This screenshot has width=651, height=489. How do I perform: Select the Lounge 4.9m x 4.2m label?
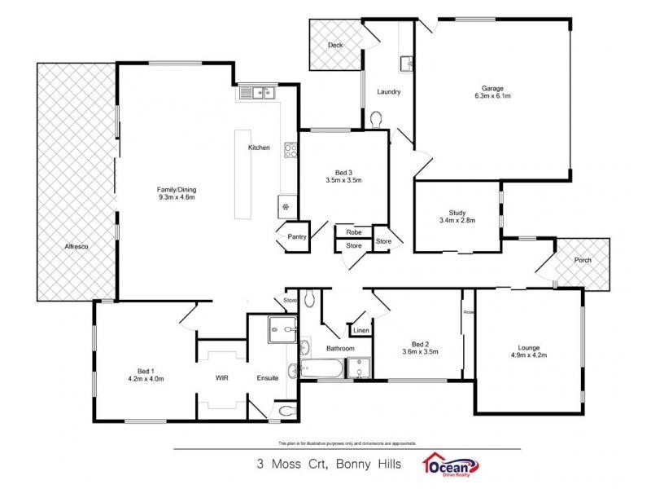tap(528, 350)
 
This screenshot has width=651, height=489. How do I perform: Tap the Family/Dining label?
tap(177, 192)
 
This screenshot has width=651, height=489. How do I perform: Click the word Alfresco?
tap(76, 246)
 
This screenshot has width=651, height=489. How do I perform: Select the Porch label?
tap(583, 261)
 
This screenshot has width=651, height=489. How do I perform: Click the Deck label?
tap(334, 46)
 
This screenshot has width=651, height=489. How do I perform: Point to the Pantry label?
tap(296, 236)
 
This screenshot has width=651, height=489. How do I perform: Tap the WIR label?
tap(221, 378)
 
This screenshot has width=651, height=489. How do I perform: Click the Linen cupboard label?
tap(360, 330)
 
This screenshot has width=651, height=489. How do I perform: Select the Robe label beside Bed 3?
tap(353, 231)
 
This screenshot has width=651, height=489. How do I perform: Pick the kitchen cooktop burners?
tap(289, 150)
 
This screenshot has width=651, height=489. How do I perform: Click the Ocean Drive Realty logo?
tap(449, 465)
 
